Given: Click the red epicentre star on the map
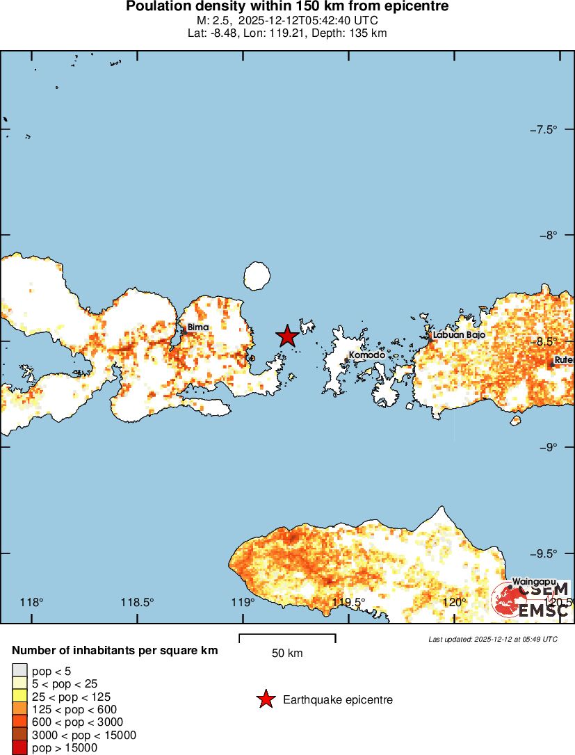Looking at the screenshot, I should [x=287, y=336].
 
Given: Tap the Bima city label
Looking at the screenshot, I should [x=197, y=327].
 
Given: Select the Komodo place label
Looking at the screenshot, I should [x=366, y=355].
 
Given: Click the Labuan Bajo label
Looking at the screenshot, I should [x=458, y=335].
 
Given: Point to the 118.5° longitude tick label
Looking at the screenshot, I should [x=138, y=602].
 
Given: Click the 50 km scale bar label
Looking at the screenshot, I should [x=287, y=653].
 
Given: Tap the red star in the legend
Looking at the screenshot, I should [x=266, y=699].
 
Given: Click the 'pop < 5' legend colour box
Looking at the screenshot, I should [x=19, y=671].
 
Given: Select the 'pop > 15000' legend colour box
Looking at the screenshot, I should [x=19, y=748].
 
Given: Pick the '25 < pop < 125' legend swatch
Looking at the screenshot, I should [x=19, y=697].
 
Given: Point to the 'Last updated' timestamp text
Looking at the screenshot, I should [x=493, y=639].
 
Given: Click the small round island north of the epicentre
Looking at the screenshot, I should [x=257, y=276].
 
